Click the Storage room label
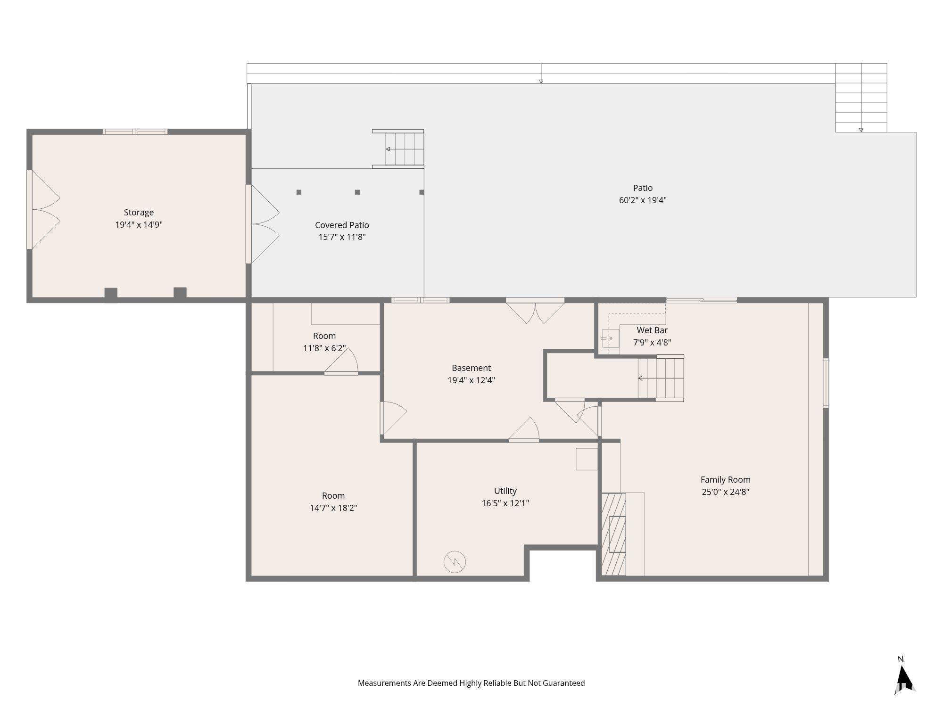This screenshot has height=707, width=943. [139, 213]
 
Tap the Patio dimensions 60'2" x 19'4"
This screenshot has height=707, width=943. [642, 200]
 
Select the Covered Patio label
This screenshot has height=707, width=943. [342, 225]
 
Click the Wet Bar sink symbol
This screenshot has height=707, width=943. [610, 338]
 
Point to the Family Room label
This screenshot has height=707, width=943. [725, 480]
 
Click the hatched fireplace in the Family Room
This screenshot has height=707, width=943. [614, 534]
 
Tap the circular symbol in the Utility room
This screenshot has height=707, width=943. [455, 561]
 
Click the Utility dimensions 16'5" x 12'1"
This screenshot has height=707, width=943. [505, 503]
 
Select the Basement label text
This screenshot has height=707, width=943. [471, 368]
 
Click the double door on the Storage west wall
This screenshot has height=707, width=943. [43, 210]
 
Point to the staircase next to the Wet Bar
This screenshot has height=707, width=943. [660, 378]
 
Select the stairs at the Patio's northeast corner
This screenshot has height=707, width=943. [861, 98]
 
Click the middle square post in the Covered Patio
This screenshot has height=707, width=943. [357, 192]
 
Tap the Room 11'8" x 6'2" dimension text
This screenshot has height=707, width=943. [324, 348]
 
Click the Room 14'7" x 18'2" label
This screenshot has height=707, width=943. [333, 496]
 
